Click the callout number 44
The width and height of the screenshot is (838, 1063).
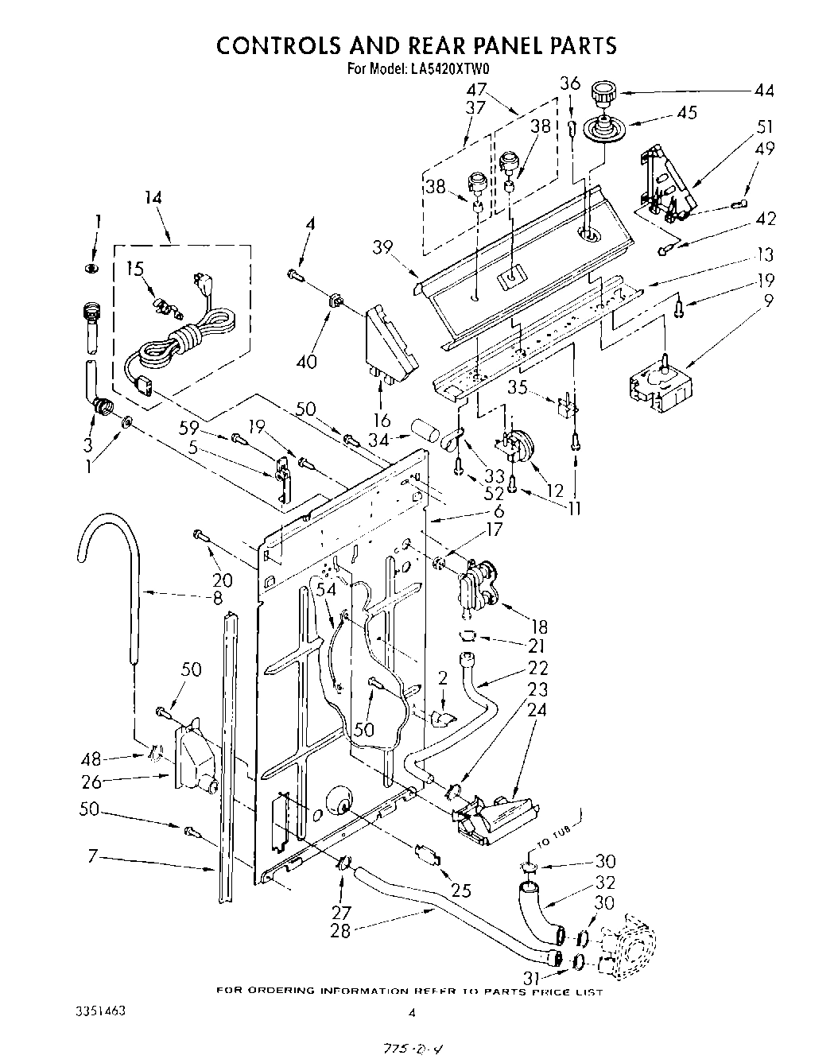763,91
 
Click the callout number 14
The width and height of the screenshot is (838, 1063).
153,198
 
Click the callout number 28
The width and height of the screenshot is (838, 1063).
340,930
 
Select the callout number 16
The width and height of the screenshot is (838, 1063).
382,421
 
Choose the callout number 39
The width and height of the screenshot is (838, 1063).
382,247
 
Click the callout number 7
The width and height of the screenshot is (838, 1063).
92,856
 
